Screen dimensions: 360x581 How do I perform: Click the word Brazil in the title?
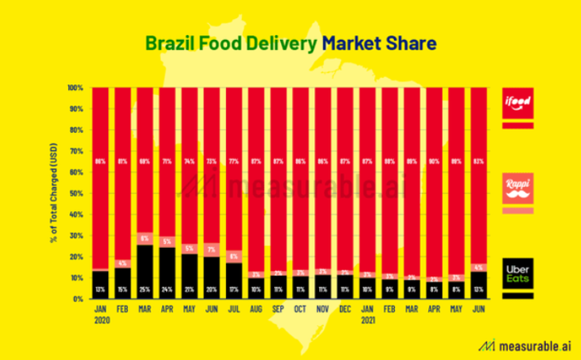coord(170,42)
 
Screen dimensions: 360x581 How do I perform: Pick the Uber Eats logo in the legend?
coord(517,273)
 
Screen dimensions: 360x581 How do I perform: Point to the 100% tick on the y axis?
coord(76,87)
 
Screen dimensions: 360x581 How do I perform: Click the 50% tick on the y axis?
coord(78,193)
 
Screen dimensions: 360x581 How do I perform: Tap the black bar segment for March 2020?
coord(145,270)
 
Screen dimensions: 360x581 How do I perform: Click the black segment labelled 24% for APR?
coord(167,272)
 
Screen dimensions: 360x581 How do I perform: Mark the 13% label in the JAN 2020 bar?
coord(100,289)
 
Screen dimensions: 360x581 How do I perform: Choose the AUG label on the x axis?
coord(257,309)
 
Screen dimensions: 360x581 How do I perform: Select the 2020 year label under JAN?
coord(100,318)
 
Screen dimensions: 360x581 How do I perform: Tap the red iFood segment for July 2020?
coord(234,166)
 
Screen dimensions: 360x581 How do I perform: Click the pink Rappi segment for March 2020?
coord(145,239)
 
